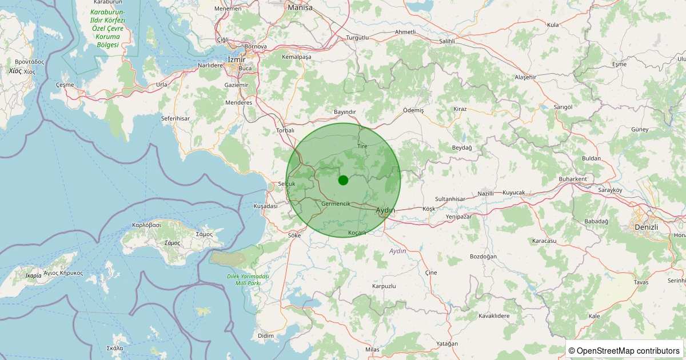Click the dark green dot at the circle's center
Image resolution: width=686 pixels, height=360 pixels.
(343, 180)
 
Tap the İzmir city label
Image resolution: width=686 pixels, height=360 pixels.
(236, 59)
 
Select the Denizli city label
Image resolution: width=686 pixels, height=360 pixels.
(646, 227)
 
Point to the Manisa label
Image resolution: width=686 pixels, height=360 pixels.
(300, 7)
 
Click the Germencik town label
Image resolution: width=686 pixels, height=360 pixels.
(336, 204)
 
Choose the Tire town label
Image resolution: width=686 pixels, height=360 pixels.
(362, 146)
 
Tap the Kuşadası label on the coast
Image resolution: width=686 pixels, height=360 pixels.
(265, 206)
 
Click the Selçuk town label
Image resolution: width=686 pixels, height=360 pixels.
(286, 184)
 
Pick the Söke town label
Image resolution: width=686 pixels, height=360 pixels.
(294, 235)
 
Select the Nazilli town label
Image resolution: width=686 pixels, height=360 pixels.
(485, 193)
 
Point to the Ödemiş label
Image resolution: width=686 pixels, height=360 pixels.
(413, 110)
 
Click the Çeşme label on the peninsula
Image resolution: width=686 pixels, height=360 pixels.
(65, 85)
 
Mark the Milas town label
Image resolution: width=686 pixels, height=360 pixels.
(372, 349)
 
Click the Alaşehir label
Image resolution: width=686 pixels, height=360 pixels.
(526, 77)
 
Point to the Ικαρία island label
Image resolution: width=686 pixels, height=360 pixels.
(33, 275)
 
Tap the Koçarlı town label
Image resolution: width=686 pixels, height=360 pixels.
(357, 233)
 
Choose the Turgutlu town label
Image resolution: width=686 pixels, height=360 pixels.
(358, 38)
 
